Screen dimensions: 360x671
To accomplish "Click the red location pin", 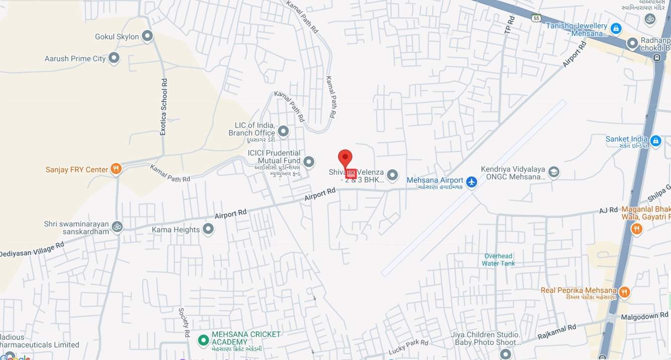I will pyautogui.click(x=345, y=158).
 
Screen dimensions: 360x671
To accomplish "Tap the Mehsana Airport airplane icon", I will pyautogui.click(x=471, y=182).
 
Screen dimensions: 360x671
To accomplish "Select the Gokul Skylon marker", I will pyautogui.click(x=147, y=36).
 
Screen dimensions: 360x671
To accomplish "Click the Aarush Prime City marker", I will pyautogui.click(x=114, y=58).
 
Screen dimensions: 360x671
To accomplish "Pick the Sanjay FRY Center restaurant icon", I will pyautogui.click(x=116, y=169).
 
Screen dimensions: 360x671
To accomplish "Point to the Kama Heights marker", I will pyautogui.click(x=208, y=229).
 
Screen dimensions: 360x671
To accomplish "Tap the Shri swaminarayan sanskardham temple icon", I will pyautogui.click(x=117, y=226).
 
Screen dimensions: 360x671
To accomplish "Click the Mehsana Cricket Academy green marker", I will pyautogui.click(x=203, y=340).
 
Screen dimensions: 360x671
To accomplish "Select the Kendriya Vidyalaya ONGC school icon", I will pyautogui.click(x=553, y=172).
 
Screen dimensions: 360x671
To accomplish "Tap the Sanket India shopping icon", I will pyautogui.click(x=655, y=142).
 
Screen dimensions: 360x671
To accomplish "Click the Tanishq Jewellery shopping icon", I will pyautogui.click(x=616, y=29).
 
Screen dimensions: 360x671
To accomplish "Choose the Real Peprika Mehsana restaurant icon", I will pyautogui.click(x=624, y=292).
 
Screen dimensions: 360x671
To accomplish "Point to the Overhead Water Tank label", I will pyautogui.click(x=498, y=260).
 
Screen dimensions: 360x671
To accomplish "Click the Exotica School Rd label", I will pyautogui.click(x=163, y=106).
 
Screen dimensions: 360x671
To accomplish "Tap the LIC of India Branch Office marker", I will pyautogui.click(x=283, y=132).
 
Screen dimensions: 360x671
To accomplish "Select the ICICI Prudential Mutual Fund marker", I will pyautogui.click(x=309, y=162).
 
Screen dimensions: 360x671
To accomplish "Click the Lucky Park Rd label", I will pyautogui.click(x=408, y=346).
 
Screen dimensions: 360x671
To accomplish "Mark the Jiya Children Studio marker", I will pyautogui.click(x=505, y=354).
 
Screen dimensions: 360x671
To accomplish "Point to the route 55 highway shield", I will pyautogui.click(x=536, y=18).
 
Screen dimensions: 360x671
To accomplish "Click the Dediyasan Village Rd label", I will pyautogui.click(x=32, y=250).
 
